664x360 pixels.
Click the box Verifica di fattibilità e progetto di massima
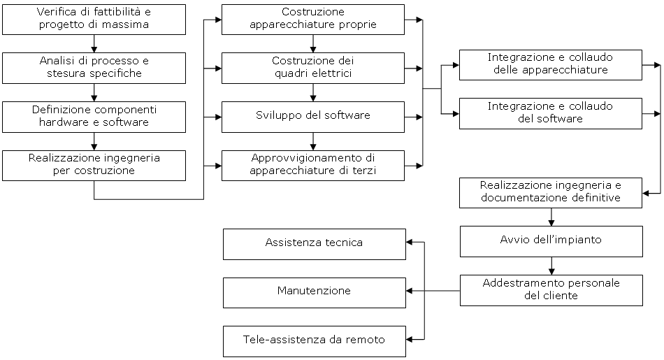[94, 20]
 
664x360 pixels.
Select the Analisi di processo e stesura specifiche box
[94, 68]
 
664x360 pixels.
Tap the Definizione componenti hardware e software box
[94, 117]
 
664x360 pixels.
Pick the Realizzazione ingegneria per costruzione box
[94, 165]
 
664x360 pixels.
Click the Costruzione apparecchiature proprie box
[313, 20]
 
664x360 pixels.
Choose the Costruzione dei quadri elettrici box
[313, 68]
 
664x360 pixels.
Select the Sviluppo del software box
[313, 117]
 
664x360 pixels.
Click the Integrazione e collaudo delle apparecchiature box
[551, 64]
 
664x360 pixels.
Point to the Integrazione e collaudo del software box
[551, 113]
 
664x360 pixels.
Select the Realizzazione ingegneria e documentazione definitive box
[551, 192]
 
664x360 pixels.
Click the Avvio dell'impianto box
[551, 241]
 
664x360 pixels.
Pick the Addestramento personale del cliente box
[551, 290]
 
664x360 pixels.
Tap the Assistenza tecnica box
[314, 243]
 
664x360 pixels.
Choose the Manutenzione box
[314, 291]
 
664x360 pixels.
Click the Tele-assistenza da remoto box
[314, 340]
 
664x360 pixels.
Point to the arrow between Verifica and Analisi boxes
[94, 43]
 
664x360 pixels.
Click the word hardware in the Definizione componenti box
[63, 122]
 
